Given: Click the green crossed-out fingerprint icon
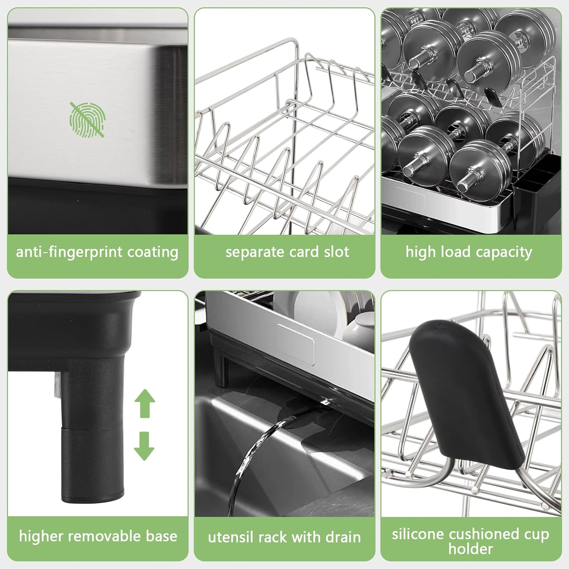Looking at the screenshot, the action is coord(88,119).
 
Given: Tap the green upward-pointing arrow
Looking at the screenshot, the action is coord(145,403).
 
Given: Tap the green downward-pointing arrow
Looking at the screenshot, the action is coord(144,446).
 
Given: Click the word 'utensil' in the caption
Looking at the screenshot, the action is coord(230,537).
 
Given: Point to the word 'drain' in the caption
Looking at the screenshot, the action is coord(343,537).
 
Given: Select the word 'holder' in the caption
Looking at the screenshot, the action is coord(471,549).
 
